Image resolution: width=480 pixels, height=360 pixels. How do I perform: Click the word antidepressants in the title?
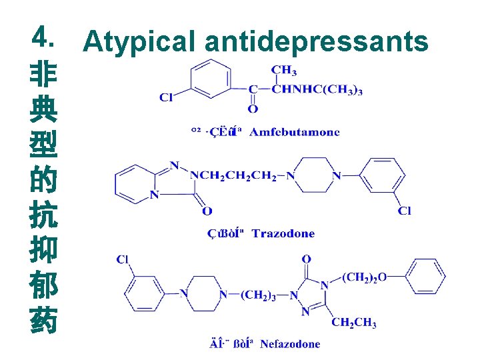[x=316, y=41]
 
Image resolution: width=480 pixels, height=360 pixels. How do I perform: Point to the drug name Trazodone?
[x=283, y=233]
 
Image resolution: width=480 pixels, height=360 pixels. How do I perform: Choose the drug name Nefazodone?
[x=290, y=344]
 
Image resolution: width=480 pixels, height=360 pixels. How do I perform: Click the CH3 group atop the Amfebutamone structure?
[x=285, y=70]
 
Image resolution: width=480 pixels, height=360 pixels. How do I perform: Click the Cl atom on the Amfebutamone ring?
[x=167, y=97]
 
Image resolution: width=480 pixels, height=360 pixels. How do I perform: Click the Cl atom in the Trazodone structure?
[x=405, y=211]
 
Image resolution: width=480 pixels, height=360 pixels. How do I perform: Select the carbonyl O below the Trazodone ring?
[x=207, y=211]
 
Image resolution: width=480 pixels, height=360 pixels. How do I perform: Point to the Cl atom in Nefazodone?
[x=123, y=259]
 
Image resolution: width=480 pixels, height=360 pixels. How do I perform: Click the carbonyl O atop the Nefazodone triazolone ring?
[x=306, y=259]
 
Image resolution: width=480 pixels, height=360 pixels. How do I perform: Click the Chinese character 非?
[x=43, y=73]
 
